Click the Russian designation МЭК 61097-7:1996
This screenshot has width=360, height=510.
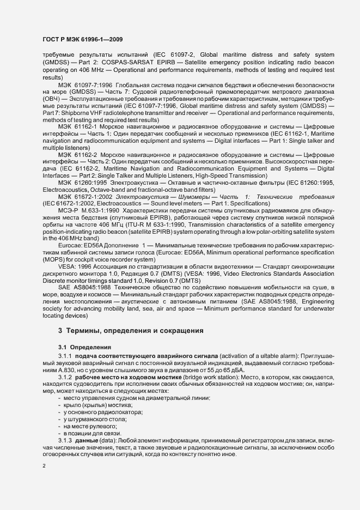[85, 86]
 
